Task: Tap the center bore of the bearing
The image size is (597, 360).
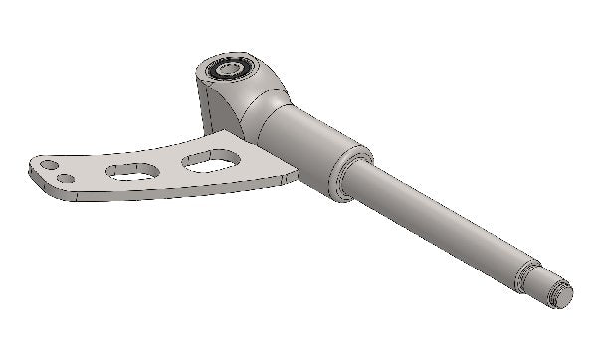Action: [x=229, y=70]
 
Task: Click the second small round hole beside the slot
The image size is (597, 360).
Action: [x=66, y=179]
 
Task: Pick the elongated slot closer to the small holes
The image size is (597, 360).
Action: [x=131, y=171]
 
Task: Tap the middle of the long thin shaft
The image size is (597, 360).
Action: [x=438, y=225]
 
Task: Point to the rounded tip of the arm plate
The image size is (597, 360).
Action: [x=34, y=171]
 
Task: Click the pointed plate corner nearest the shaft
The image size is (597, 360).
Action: [x=293, y=176]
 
